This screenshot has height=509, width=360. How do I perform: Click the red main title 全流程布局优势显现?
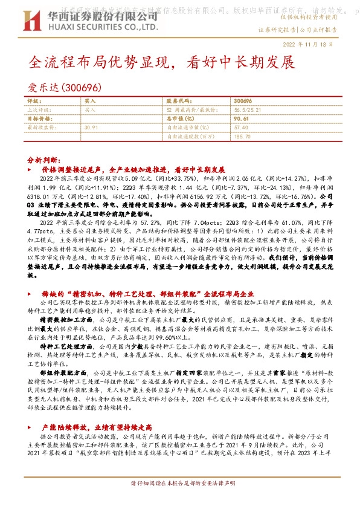101,63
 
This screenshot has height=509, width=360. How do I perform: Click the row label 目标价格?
40,118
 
